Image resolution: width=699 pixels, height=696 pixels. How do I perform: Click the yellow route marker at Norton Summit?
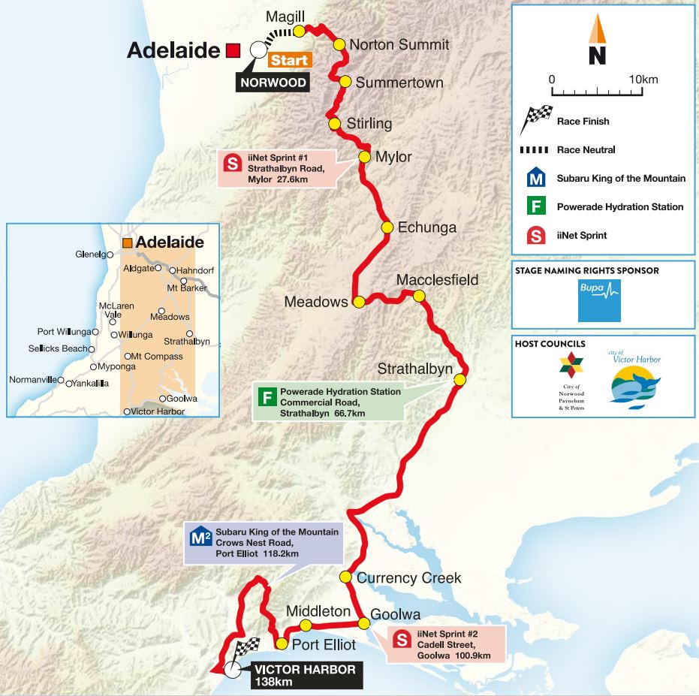(339, 45)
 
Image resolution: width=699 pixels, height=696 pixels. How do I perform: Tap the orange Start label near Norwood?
(290, 60)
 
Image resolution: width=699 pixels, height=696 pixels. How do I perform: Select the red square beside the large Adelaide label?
(233, 50)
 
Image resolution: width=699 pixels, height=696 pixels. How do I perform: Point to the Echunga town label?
(426, 227)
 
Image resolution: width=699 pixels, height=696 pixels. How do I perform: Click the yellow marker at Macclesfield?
(419, 296)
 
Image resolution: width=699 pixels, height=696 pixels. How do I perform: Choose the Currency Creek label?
(408, 578)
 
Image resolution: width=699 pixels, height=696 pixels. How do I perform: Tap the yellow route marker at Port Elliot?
(282, 644)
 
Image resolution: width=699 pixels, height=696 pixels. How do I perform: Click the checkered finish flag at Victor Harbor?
(247, 650)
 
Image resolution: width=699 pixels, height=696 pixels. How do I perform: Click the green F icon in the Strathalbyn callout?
(267, 397)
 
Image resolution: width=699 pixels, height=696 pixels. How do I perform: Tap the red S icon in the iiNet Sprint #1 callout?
(233, 163)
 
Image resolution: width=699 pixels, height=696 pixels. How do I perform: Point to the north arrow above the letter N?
(597, 29)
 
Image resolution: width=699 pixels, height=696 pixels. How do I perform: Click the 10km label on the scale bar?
(643, 80)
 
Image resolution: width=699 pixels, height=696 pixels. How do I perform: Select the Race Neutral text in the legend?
(586, 150)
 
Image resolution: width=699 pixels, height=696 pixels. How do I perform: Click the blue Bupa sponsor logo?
(599, 300)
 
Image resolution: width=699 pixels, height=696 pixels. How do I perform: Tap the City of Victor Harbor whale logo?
(634, 382)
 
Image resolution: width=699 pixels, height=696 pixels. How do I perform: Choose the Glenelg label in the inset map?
(90, 255)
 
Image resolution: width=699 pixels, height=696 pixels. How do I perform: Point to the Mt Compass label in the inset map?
(158, 357)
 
